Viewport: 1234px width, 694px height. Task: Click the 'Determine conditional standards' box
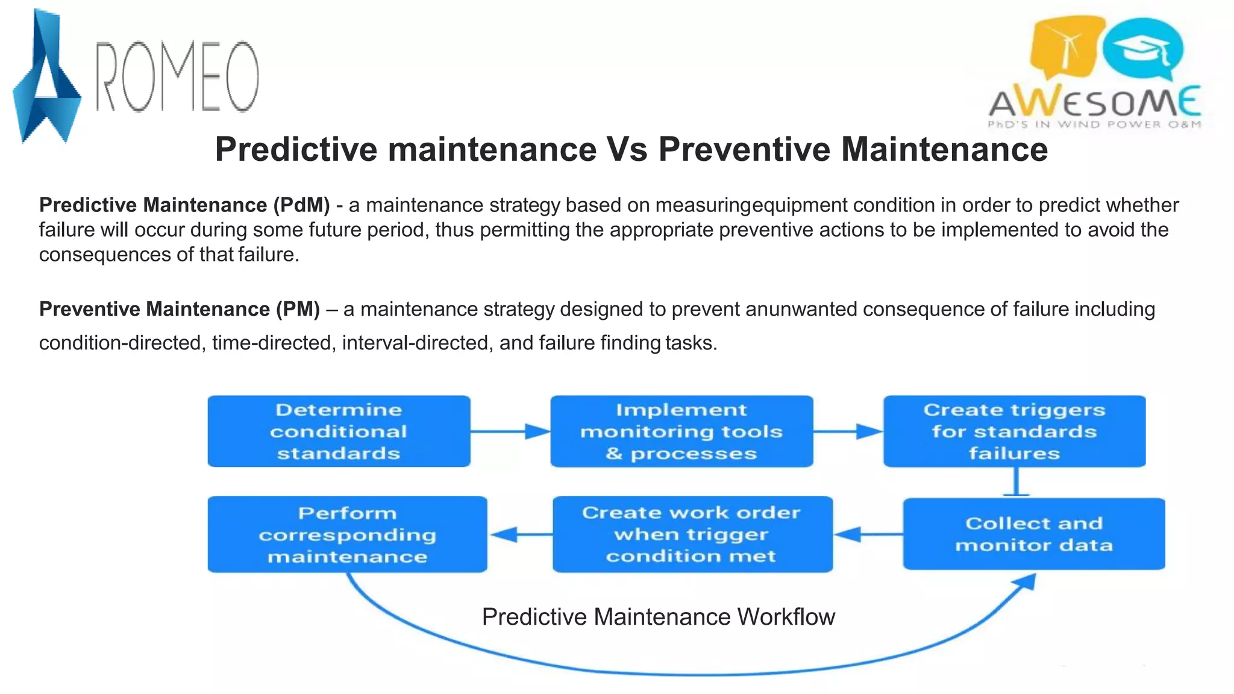(x=339, y=431)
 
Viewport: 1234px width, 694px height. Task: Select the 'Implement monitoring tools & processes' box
(x=681, y=431)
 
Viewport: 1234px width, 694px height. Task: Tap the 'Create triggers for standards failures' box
(x=1014, y=431)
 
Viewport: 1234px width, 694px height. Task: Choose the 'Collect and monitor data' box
(x=1033, y=534)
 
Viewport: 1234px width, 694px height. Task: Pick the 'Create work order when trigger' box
(x=692, y=534)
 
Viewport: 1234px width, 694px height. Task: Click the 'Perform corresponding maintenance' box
(x=347, y=534)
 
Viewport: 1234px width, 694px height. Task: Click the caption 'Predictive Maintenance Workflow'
(x=658, y=617)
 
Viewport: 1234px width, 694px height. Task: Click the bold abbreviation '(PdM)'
(x=301, y=205)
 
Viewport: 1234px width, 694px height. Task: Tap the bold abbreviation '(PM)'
(x=298, y=309)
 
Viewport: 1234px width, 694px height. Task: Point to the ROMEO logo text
(x=178, y=77)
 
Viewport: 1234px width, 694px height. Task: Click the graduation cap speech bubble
(x=1143, y=48)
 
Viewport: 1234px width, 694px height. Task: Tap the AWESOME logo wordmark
(x=1094, y=102)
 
